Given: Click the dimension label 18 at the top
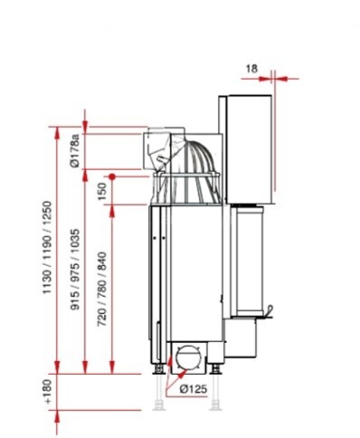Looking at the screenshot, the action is coord(251,69).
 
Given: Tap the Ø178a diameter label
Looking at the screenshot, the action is coord(74,150).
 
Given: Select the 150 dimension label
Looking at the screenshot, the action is coord(102,191).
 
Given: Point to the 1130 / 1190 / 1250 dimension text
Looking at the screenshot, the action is coord(47,247).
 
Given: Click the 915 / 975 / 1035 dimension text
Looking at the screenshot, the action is coord(75,270).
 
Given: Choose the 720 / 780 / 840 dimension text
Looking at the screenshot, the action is coord(102,289).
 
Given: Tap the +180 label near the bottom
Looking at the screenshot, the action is coord(48,391).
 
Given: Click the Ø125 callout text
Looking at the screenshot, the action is coord(194,389).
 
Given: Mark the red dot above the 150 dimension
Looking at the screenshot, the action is coord(112,176).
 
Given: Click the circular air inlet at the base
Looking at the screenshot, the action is coord(188,357).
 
